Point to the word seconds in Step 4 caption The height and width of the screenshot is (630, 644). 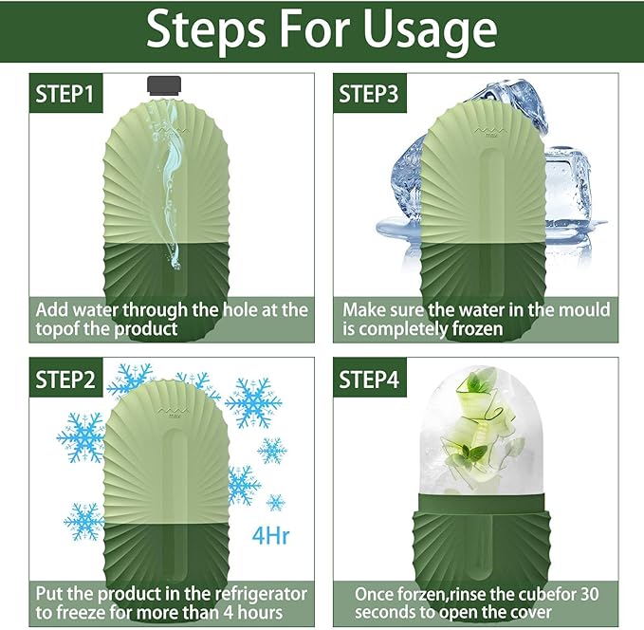[385, 614]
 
